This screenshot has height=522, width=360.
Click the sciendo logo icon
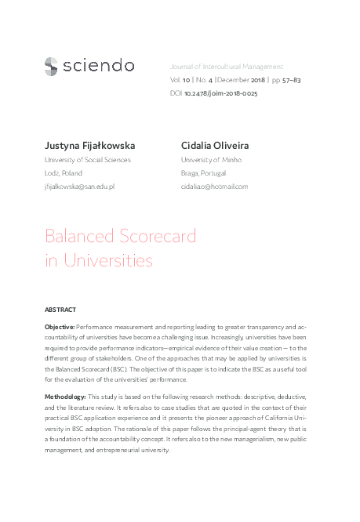point(51,66)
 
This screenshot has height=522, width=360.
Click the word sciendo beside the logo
point(98,66)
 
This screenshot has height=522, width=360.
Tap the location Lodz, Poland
point(64,173)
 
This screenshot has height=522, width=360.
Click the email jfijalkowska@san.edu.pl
point(80,187)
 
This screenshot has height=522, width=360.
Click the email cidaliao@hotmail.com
point(214,187)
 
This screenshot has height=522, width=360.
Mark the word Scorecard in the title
point(157,236)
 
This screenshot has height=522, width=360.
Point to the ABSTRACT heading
point(60,309)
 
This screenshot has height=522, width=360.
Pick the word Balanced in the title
point(78,236)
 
